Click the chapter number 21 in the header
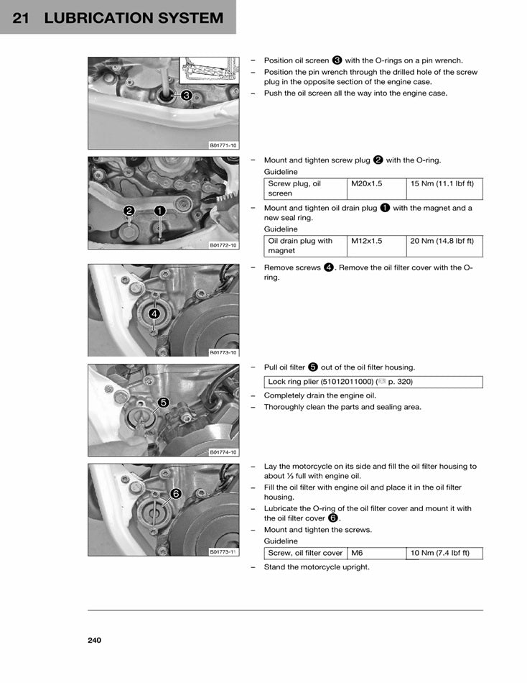[21, 18]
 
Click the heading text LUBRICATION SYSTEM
[134, 18]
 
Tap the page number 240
[95, 640]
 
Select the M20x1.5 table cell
[376, 188]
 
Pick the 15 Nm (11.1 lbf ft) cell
[444, 188]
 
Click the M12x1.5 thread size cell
[376, 246]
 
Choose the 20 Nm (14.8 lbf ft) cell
[444, 246]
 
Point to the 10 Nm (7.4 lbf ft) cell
[444, 553]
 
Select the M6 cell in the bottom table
[376, 553]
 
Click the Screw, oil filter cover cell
[305, 553]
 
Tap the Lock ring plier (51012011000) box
[373, 382]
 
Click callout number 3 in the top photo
[186, 95]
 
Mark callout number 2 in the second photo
[129, 211]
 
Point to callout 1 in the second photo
[159, 211]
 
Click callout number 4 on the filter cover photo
[154, 313]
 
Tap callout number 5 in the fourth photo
[163, 403]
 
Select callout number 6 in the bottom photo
[174, 494]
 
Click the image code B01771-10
[223, 145]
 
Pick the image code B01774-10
[223, 452]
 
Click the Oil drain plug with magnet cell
[305, 246]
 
